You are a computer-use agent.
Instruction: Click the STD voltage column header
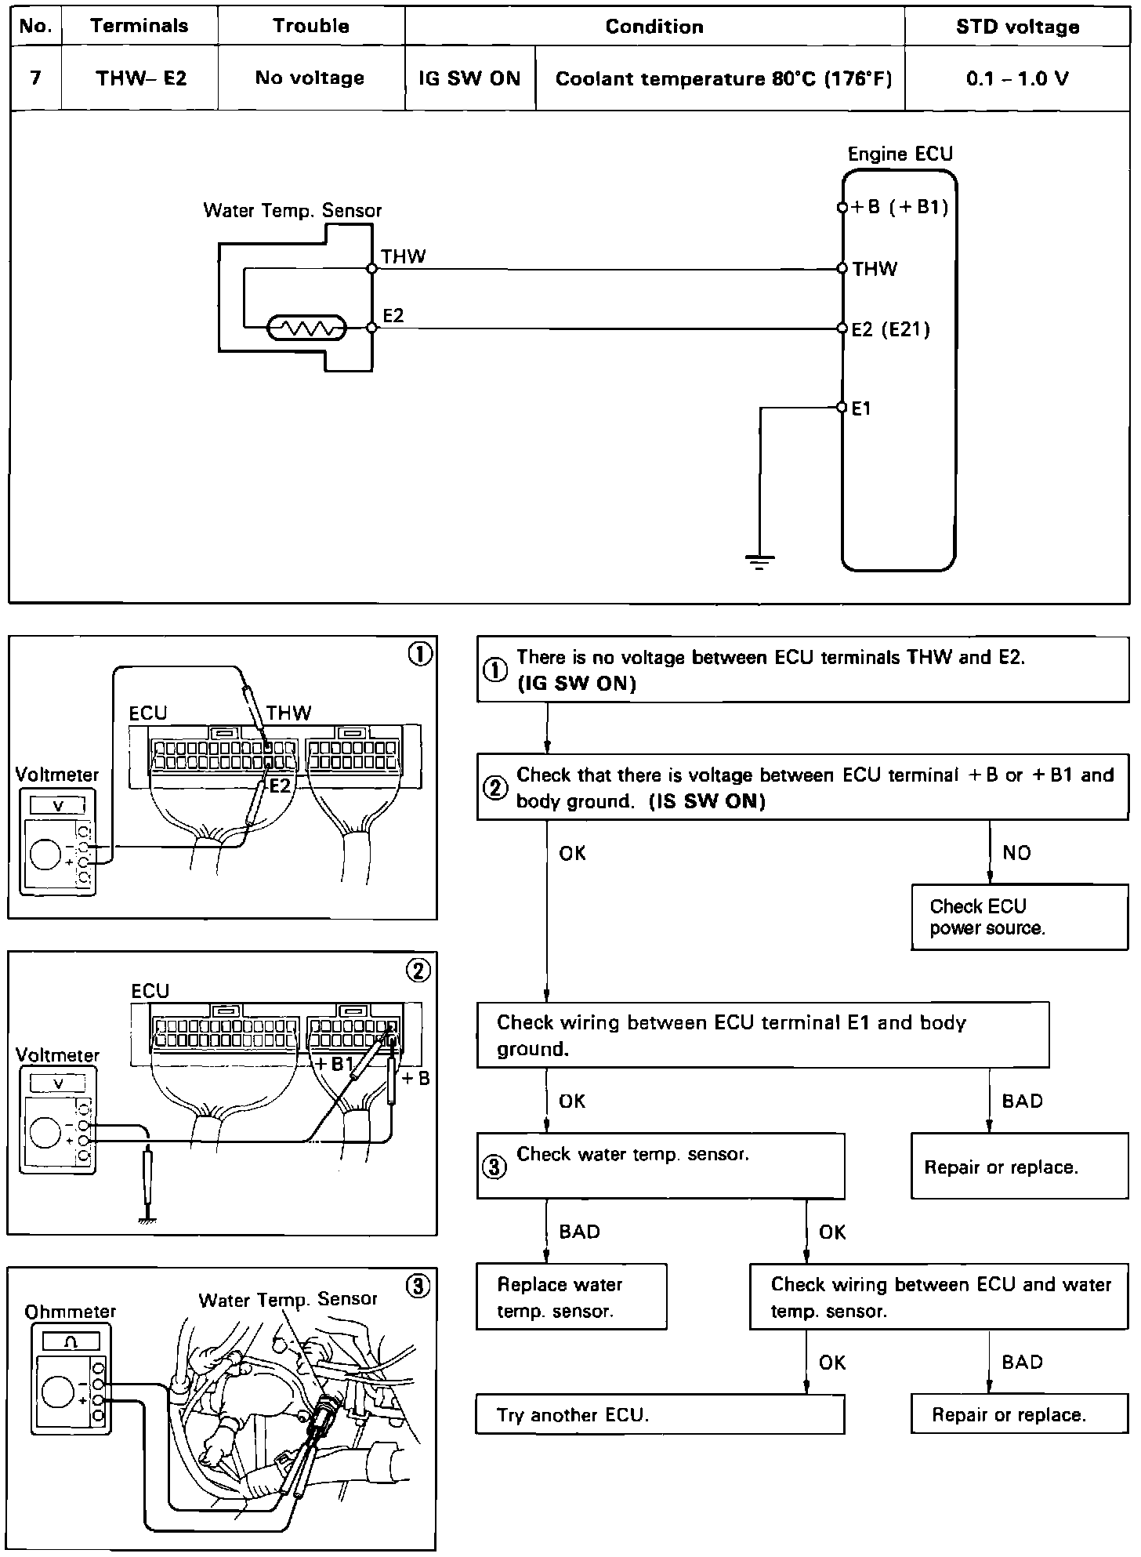pyautogui.click(x=1017, y=27)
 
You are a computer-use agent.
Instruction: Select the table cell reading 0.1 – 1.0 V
pyautogui.click(x=1017, y=78)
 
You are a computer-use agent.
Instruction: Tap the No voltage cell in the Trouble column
pyautogui.click(x=310, y=78)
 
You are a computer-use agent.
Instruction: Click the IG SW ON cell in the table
pyautogui.click(x=469, y=78)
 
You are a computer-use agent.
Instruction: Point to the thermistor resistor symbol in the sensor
pyautogui.click(x=306, y=328)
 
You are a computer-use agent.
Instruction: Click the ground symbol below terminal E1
pyautogui.click(x=759, y=561)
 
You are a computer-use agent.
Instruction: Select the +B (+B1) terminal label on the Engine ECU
pyautogui.click(x=900, y=207)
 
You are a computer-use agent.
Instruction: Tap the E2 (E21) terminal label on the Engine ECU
pyautogui.click(x=890, y=329)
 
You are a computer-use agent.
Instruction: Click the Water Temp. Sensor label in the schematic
pyautogui.click(x=292, y=210)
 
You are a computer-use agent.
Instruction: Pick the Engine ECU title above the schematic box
pyautogui.click(x=900, y=154)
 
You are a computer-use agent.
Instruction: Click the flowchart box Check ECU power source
pyautogui.click(x=1019, y=917)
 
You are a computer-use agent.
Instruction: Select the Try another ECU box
pyautogui.click(x=660, y=1415)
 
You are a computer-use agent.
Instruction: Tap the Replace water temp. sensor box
pyautogui.click(x=571, y=1297)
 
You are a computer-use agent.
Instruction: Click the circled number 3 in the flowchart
pyautogui.click(x=494, y=1167)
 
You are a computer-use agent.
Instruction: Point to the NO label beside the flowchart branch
pyautogui.click(x=1016, y=853)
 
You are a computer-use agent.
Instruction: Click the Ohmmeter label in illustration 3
pyautogui.click(x=71, y=1312)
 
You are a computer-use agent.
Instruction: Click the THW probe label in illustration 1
pyautogui.click(x=288, y=713)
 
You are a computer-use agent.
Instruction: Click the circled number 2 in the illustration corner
pyautogui.click(x=418, y=971)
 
